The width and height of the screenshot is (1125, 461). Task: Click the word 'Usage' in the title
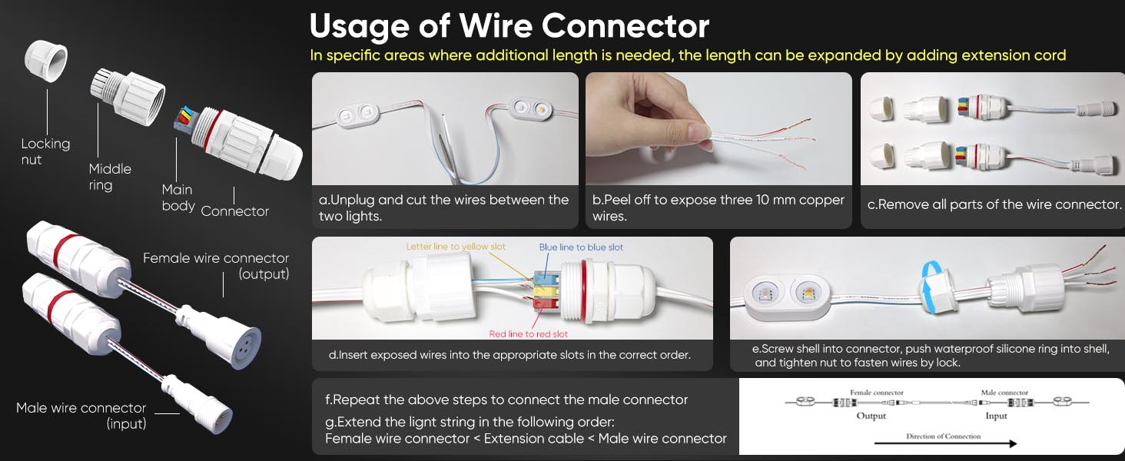(x=359, y=26)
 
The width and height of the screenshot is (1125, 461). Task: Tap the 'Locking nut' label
(x=45, y=151)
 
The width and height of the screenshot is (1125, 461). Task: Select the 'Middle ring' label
(x=110, y=177)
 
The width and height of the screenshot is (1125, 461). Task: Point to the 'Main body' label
(x=178, y=197)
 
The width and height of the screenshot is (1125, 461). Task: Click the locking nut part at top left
(x=45, y=60)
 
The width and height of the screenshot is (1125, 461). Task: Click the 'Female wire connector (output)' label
(x=216, y=266)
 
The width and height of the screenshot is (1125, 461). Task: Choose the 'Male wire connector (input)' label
(x=81, y=416)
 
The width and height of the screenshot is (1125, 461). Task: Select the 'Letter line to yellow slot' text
(x=456, y=247)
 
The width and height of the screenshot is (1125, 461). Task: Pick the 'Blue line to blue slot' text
(x=581, y=247)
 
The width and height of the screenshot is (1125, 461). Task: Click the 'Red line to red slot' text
(x=529, y=334)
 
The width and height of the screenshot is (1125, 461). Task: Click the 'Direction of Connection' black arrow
(x=945, y=443)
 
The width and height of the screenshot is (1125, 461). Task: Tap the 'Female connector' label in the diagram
(x=876, y=393)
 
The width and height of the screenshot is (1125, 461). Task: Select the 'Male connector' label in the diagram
(x=1004, y=393)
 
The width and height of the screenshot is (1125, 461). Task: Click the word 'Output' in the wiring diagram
(x=871, y=416)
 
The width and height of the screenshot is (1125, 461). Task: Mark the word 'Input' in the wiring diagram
(x=996, y=416)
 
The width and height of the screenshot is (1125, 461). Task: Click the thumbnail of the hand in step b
(x=718, y=128)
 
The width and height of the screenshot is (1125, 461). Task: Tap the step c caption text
(x=994, y=205)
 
